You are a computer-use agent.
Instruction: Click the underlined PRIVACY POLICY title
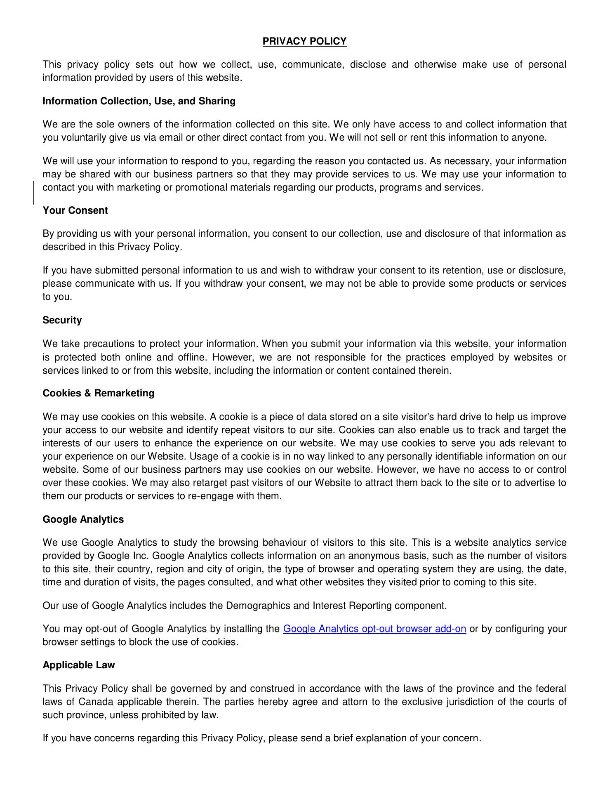[304, 41]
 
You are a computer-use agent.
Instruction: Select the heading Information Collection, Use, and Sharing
[139, 101]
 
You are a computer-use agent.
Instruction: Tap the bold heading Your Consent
[75, 210]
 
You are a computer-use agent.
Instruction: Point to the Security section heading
[62, 320]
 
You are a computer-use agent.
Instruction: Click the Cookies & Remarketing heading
[98, 393]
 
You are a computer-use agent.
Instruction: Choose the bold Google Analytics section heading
[83, 519]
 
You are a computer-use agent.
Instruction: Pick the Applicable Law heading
[79, 665]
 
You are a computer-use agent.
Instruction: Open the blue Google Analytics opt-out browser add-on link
[374, 629]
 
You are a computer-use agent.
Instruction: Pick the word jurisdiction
[476, 702]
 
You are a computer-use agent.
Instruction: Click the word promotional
[201, 187]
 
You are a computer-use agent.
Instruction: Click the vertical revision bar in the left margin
[34, 193]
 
